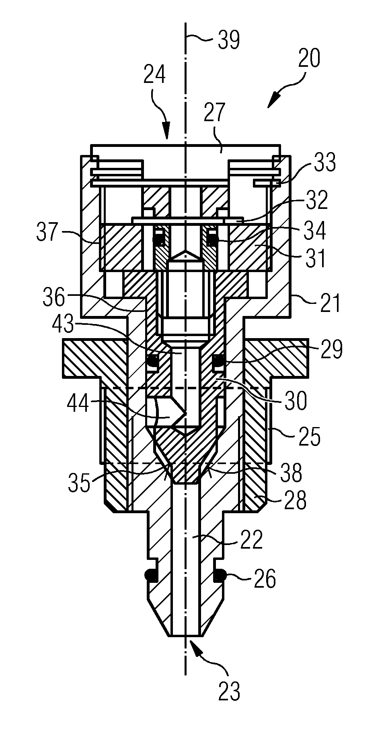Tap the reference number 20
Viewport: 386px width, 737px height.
[x=309, y=58]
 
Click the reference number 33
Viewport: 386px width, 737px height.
[x=324, y=163]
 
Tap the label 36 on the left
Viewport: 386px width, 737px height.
[x=54, y=298]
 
